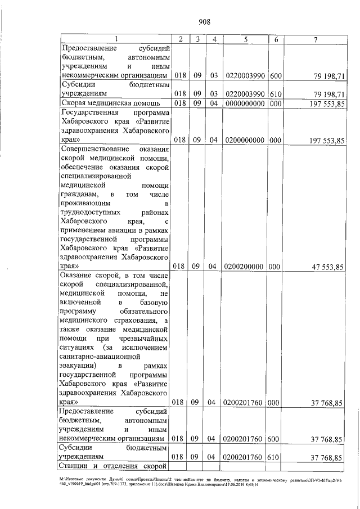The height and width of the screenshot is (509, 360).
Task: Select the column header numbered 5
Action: pyautogui.click(x=246, y=38)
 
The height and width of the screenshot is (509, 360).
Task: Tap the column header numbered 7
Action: pyautogui.click(x=316, y=38)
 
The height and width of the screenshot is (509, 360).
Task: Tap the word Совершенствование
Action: pyautogui.click(x=91, y=149)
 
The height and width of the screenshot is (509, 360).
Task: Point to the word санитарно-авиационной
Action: pyautogui.click(x=95, y=355)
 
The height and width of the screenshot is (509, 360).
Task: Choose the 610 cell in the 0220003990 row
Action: pyautogui.click(x=276, y=93)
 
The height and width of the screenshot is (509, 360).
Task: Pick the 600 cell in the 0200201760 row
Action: pyautogui.click(x=276, y=439)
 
